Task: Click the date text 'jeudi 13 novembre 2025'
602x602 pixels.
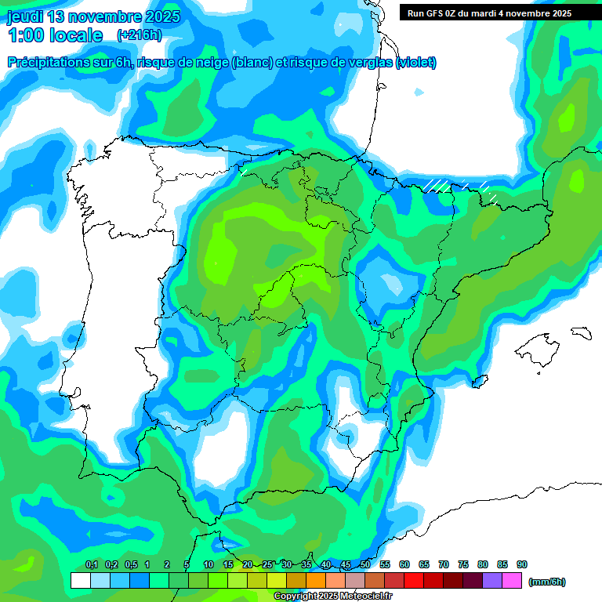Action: [93, 16]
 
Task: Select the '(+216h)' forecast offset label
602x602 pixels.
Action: [139, 35]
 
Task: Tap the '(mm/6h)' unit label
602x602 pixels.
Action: [546, 582]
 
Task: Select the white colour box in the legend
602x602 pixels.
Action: [80, 580]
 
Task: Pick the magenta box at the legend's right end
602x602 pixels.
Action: [513, 580]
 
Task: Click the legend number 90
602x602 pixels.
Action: [522, 564]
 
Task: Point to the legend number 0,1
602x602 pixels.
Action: [92, 564]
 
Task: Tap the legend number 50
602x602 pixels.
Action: [365, 564]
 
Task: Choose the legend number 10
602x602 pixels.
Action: [209, 564]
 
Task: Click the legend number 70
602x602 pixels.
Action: [444, 564]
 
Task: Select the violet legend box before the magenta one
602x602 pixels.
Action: [493, 580]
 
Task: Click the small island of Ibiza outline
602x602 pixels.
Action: [476, 382]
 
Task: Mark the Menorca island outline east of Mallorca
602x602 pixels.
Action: [580, 332]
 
